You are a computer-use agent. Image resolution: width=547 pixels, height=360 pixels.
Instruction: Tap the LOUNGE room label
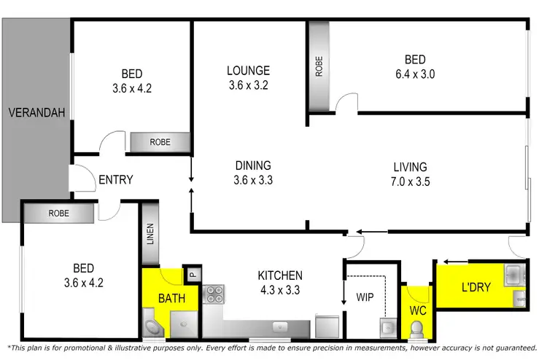(248, 71)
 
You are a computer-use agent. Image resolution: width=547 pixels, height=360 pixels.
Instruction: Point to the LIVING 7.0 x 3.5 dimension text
(408, 181)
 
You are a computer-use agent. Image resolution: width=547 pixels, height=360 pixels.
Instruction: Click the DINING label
(252, 165)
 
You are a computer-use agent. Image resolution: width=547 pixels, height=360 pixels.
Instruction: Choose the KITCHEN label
(280, 275)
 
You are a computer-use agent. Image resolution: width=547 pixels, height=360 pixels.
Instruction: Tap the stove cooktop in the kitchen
(215, 294)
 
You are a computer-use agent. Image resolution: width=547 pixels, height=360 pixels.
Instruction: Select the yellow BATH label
(172, 297)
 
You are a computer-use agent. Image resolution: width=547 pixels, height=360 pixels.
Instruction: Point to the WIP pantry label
(365, 297)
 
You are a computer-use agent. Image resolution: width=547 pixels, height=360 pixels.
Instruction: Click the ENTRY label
(115, 180)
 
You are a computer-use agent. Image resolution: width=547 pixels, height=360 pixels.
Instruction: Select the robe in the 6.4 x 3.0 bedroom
(318, 66)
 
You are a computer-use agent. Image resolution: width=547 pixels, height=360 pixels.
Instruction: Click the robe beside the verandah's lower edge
(58, 213)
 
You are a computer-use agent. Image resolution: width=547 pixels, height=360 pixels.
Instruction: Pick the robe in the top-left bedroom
(160, 143)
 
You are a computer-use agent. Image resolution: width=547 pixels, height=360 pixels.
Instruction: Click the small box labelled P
(192, 275)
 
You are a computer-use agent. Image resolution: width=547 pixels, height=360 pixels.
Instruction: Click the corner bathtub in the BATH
(154, 329)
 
